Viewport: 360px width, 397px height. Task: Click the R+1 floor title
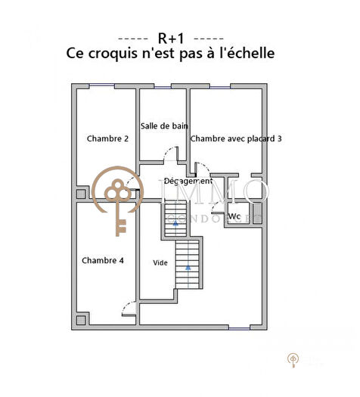[170, 37]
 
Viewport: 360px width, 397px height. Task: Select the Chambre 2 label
[107, 138]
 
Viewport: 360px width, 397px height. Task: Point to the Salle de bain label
[164, 126]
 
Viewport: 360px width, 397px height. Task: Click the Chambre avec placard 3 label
[236, 138]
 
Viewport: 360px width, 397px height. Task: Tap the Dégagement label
[188, 181]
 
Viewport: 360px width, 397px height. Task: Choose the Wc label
[234, 216]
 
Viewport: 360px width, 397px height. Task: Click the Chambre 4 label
[102, 260]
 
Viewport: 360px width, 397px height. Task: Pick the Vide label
[160, 263]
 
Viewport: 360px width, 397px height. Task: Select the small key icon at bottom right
[293, 360]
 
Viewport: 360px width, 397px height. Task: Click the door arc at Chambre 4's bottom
[129, 309]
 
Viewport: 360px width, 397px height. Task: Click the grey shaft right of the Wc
[257, 212]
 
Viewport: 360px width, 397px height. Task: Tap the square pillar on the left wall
[81, 194]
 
